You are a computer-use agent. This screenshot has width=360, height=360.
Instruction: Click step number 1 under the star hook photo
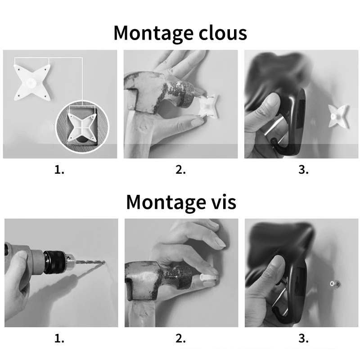(x=60, y=170)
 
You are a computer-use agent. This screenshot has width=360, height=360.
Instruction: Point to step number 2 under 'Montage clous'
(x=180, y=170)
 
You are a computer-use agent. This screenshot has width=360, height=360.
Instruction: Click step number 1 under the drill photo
(x=60, y=339)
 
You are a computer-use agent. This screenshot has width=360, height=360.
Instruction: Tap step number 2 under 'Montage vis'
(x=180, y=339)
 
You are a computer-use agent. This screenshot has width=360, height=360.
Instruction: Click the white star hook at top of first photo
(x=31, y=81)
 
